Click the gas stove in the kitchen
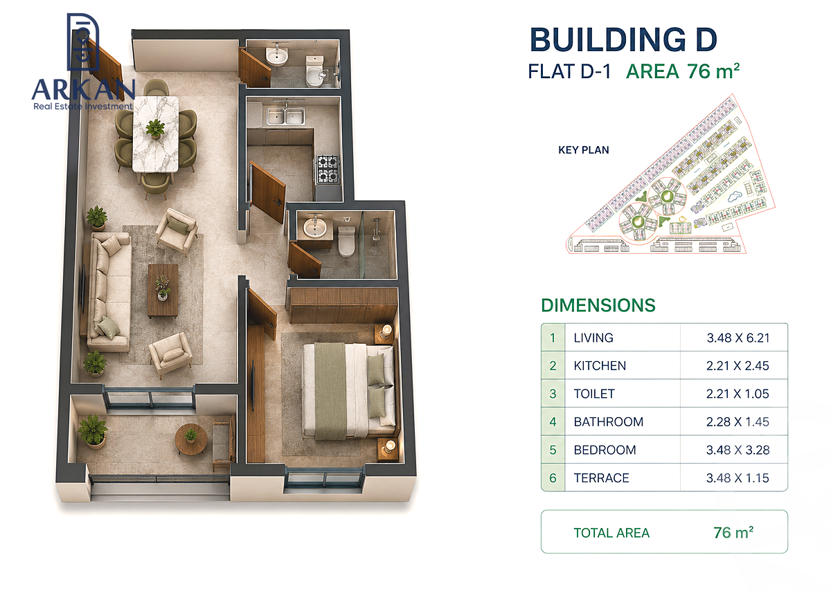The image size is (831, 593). pos(328,170)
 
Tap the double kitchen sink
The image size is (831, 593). pos(285,116)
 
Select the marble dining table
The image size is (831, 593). pos(156,134)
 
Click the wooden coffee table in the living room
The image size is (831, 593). pos(163,291)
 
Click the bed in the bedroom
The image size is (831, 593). pos(350,391)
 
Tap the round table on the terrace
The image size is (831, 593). pos(191,439)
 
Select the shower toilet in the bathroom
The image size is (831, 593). pos(347,240)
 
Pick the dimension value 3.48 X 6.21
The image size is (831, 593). pos(738,338)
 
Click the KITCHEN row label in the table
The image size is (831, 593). pos(600,366)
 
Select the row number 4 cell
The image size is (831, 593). pos(553,422)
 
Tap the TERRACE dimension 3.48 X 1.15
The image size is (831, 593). pos(738,478)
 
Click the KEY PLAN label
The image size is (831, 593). pos(584,150)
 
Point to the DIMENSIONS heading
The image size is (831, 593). pos(598,305)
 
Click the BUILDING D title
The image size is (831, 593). pos(623,39)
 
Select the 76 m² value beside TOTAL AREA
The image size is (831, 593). pos(733,532)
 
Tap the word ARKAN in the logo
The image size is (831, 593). pos(84,89)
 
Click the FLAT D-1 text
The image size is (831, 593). pos(569,71)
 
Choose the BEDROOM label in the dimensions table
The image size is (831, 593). pos(605,450)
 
